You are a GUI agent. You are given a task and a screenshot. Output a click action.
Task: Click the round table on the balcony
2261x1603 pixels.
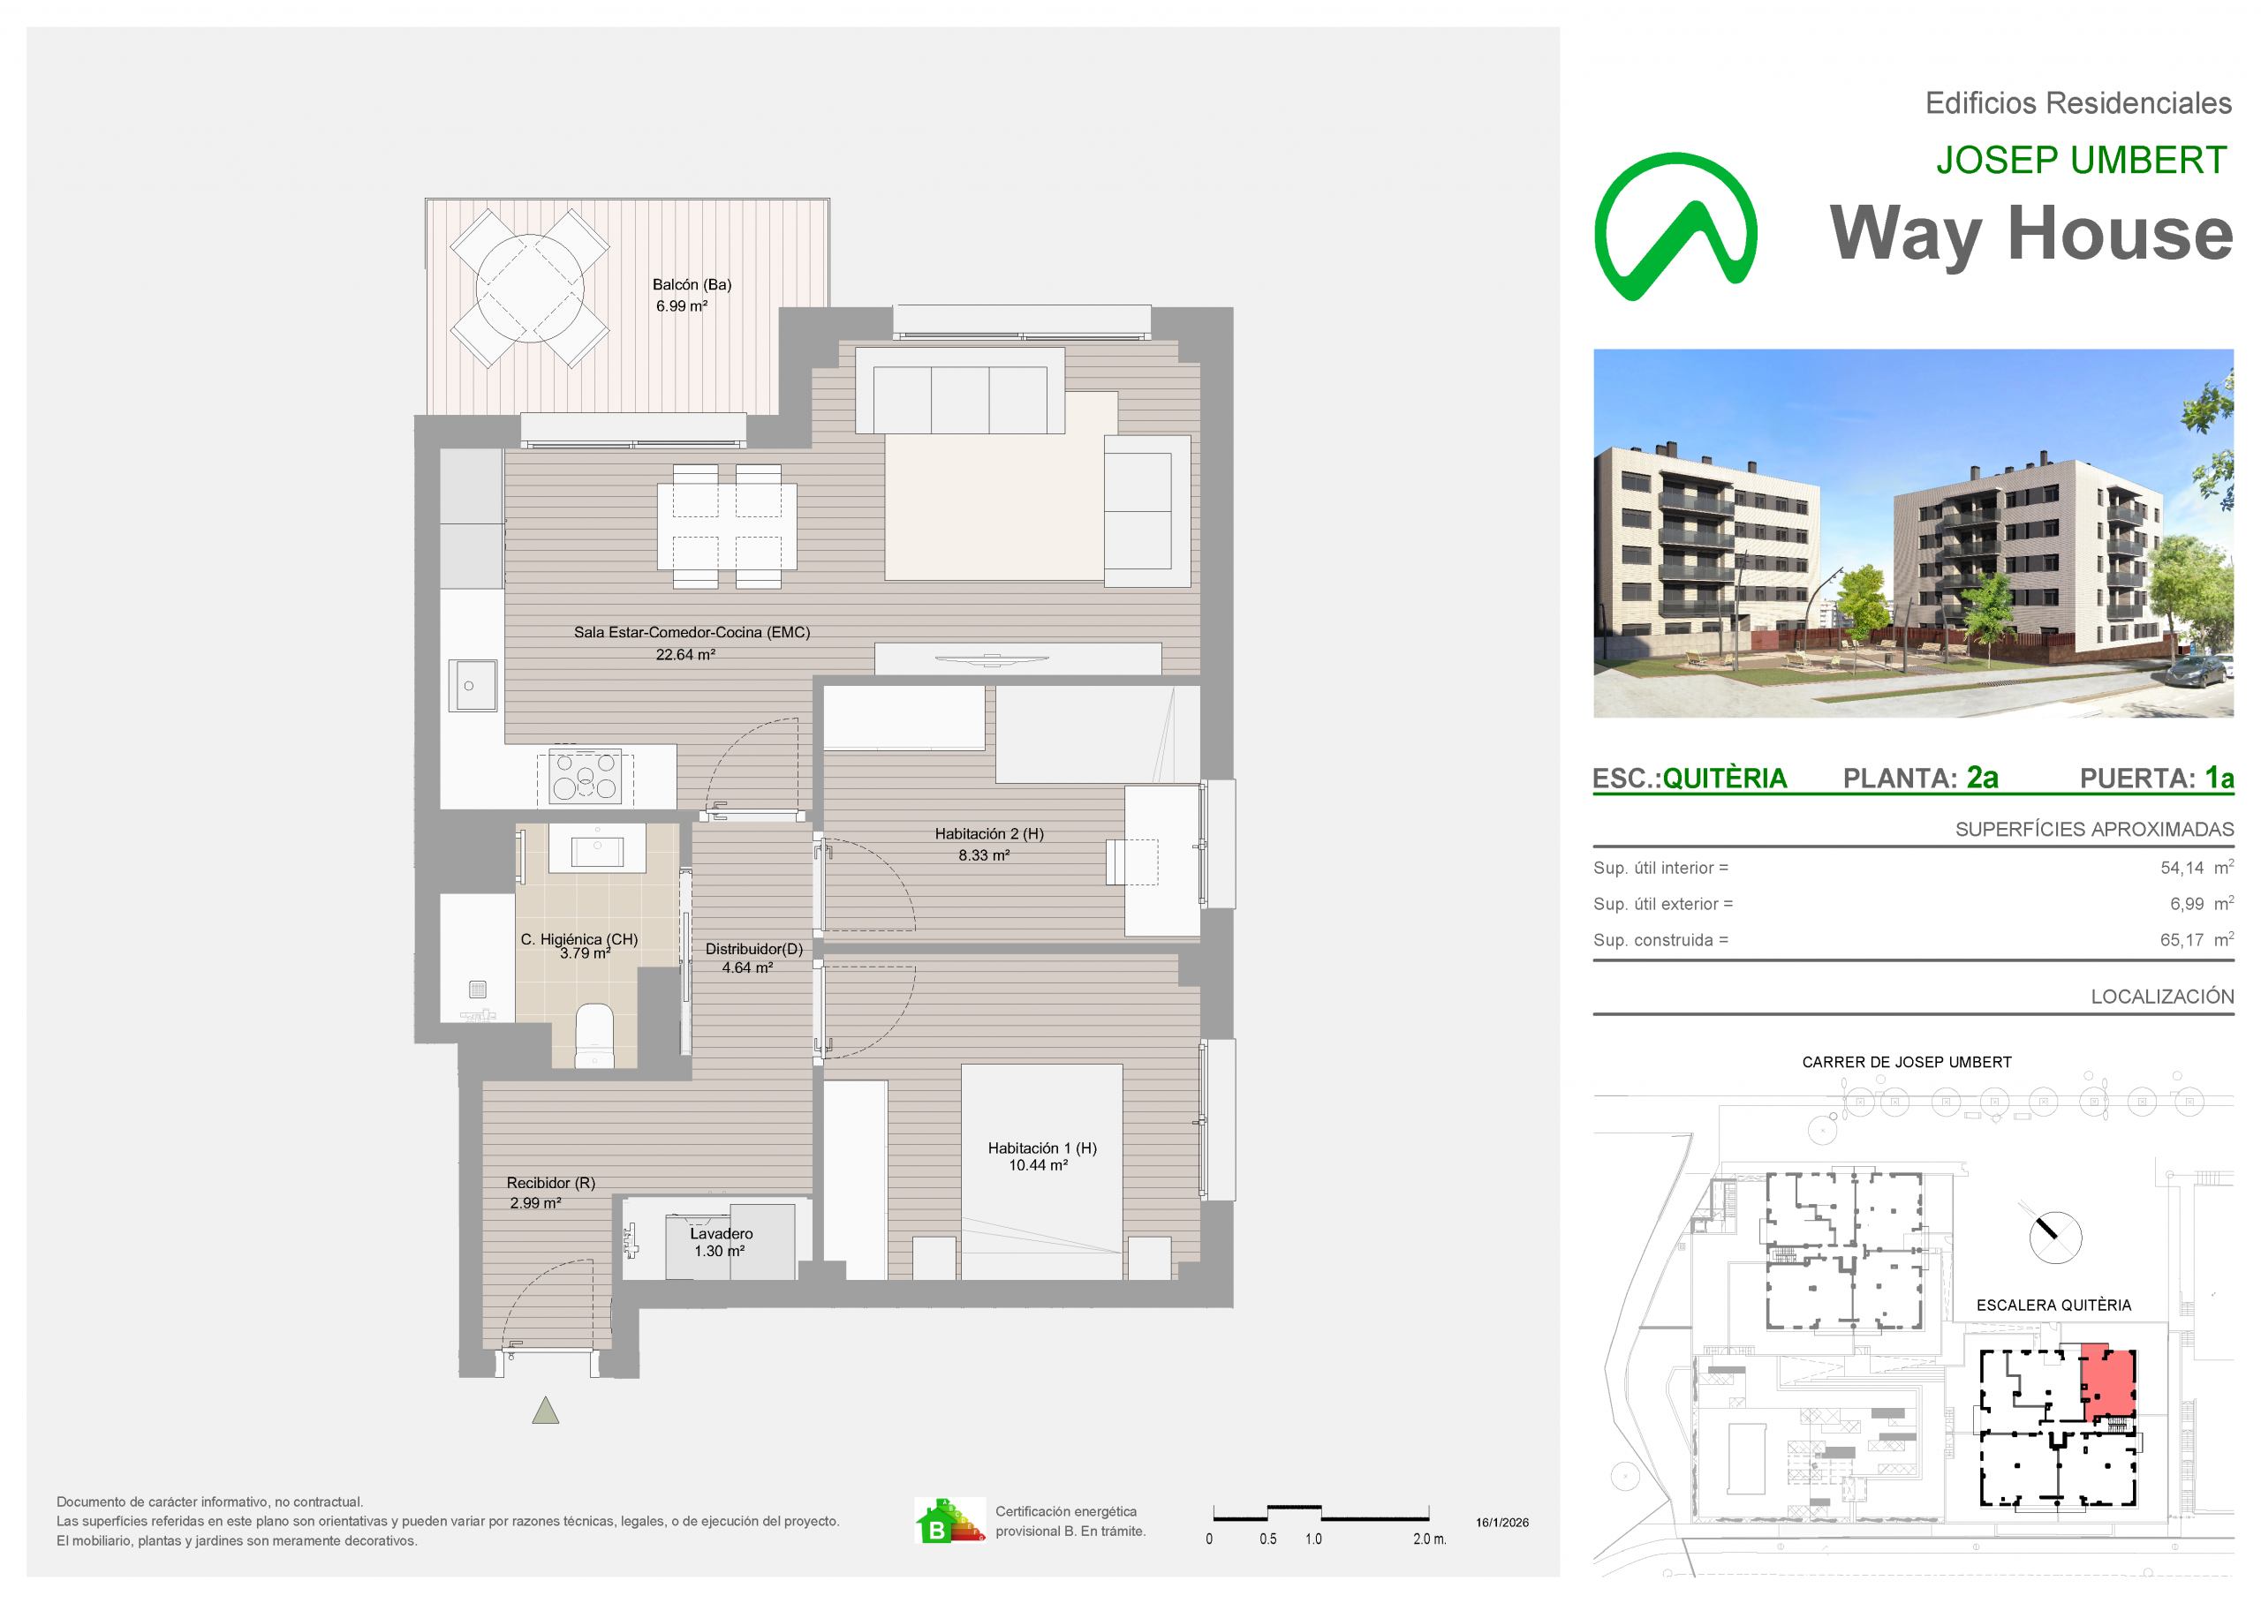(529, 289)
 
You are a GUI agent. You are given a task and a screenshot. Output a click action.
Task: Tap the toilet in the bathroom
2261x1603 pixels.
(594, 1035)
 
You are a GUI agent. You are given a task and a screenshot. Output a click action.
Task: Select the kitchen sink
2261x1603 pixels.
(473, 685)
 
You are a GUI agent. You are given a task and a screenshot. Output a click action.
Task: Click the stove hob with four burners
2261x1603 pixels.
(585, 777)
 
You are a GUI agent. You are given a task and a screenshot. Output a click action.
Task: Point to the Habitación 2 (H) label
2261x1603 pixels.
(989, 834)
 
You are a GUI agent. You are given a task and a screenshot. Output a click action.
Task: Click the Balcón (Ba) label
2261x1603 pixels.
(692, 284)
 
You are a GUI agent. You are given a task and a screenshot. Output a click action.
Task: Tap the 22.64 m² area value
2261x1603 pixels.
(685, 654)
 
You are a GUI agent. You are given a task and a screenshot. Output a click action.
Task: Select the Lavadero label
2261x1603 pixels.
(721, 1234)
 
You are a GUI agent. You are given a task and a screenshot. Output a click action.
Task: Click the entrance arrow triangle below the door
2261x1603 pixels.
(546, 1411)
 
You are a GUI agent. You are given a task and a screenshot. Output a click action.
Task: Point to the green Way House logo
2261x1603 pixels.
(1675, 227)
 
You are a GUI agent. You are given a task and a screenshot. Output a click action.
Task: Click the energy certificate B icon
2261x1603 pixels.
(949, 1521)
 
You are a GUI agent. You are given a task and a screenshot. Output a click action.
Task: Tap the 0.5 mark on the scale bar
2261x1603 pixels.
(1267, 1539)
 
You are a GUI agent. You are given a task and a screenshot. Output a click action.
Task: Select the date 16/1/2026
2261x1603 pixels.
(1501, 1522)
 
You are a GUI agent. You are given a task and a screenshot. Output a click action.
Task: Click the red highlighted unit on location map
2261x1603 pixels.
(2108, 1382)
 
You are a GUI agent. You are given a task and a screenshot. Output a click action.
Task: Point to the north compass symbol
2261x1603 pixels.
(2054, 1237)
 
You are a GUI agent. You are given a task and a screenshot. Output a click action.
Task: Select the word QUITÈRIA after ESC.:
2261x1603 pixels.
(1725, 779)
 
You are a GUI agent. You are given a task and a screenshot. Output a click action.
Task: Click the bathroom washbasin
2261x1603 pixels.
(597, 849)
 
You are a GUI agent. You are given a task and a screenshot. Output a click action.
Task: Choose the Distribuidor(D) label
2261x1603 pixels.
(753, 949)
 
